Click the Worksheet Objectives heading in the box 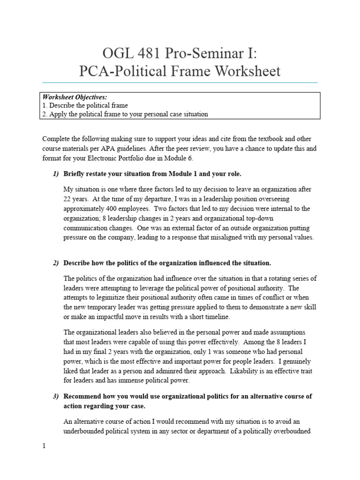click(75, 97)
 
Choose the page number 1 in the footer click(44, 446)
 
